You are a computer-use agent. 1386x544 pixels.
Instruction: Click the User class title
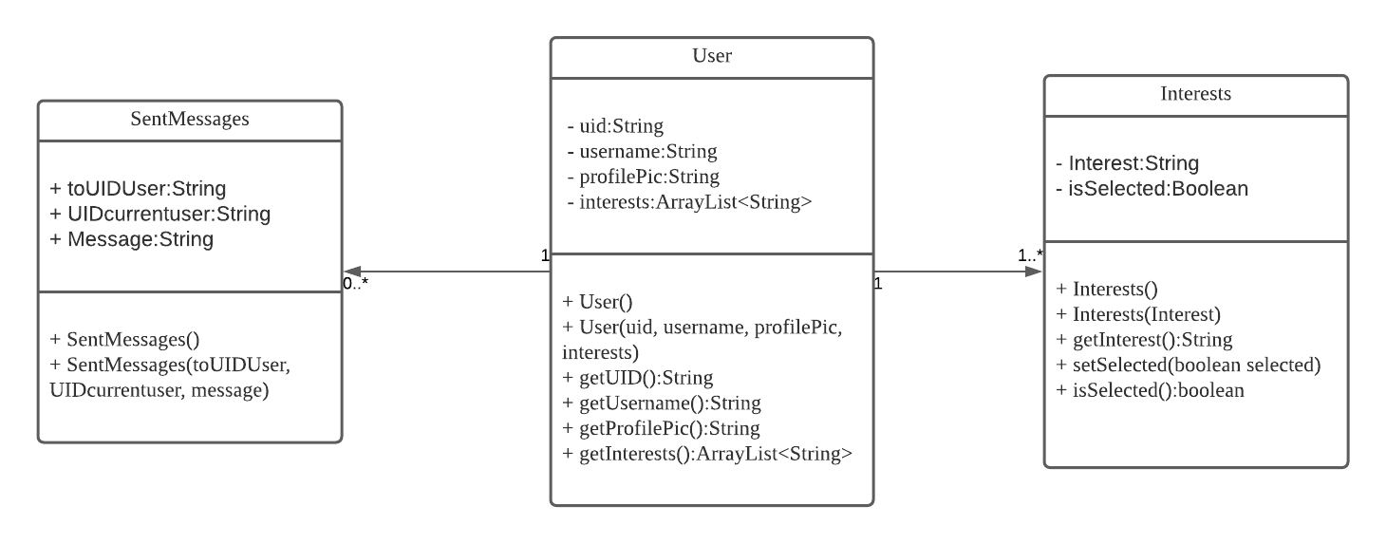pyautogui.click(x=712, y=56)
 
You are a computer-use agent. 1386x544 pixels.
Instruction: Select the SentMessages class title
pyautogui.click(x=190, y=119)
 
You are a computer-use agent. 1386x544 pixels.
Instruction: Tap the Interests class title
pyautogui.click(x=1195, y=94)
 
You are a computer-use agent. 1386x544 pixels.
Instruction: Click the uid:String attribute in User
pyautogui.click(x=614, y=125)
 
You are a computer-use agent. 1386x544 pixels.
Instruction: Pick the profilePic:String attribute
pyautogui.click(x=643, y=177)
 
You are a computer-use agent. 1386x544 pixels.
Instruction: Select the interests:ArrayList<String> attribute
pyautogui.click(x=688, y=201)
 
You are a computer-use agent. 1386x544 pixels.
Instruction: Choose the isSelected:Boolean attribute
pyautogui.click(x=1152, y=188)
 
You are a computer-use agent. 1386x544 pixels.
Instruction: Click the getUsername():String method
pyautogui.click(x=662, y=403)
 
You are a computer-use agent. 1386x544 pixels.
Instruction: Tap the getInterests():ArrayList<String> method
pyautogui.click(x=707, y=454)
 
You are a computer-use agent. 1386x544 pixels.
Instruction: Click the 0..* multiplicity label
pyautogui.click(x=356, y=282)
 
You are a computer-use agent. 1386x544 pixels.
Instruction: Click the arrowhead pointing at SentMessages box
pyautogui.click(x=351, y=272)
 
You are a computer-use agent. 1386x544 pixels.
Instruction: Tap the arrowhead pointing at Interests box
pyautogui.click(x=1035, y=272)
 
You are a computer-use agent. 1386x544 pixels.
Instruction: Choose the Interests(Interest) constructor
pyautogui.click(x=1138, y=314)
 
